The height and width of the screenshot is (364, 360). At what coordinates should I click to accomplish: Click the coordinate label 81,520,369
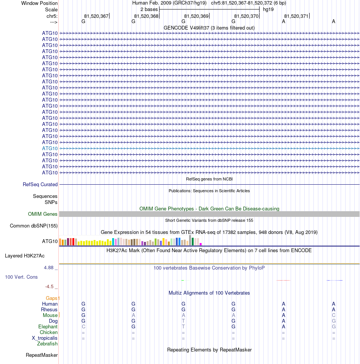(x=196, y=16)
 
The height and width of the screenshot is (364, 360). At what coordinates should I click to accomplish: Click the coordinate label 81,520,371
(x=296, y=16)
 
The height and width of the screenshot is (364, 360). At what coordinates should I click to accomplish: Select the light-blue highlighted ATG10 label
(x=50, y=148)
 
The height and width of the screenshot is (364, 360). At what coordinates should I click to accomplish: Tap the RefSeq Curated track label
(x=40, y=185)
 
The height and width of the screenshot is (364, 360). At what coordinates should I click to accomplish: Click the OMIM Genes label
(x=43, y=214)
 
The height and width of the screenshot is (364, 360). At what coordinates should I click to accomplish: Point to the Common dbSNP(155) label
(x=33, y=226)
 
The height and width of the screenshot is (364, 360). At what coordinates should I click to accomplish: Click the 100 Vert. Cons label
(x=21, y=277)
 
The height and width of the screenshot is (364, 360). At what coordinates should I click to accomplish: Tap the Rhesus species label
(x=49, y=310)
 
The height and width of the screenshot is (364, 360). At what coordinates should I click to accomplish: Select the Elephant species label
(x=48, y=327)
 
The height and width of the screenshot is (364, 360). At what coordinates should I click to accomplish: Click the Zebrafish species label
(x=47, y=344)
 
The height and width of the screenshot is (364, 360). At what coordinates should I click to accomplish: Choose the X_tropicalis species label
(x=45, y=338)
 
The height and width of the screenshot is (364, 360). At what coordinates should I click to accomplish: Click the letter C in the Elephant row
(x=83, y=327)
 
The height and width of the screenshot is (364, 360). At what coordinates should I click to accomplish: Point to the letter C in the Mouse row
(x=333, y=315)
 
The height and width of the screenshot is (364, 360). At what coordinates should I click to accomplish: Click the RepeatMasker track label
(x=42, y=355)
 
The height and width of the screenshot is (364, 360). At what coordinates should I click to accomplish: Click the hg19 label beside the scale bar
(x=268, y=9)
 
